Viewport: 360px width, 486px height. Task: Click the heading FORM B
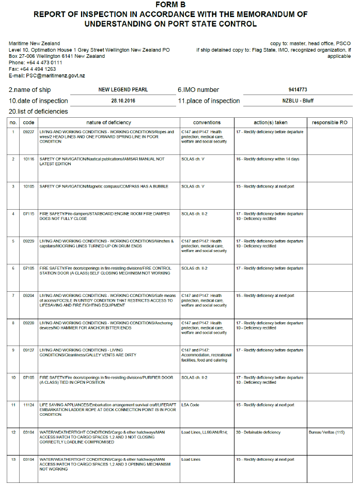(170, 5)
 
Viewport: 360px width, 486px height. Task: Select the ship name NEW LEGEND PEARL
(123, 89)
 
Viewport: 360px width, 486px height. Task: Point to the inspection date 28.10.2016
(123, 101)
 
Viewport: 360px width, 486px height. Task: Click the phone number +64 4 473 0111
(44, 62)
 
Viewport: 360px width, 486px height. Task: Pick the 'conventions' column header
(207, 122)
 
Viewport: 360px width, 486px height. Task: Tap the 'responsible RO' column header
(330, 122)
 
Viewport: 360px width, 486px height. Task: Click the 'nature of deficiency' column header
(108, 122)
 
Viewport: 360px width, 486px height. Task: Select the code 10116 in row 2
(29, 159)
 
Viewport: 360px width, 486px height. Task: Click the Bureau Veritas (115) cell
(326, 432)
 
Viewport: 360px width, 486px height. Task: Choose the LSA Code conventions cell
(190, 405)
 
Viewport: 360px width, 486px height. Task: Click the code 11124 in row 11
(29, 405)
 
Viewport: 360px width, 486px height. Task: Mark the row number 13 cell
(13, 459)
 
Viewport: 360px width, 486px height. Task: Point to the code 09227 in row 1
(29, 132)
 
